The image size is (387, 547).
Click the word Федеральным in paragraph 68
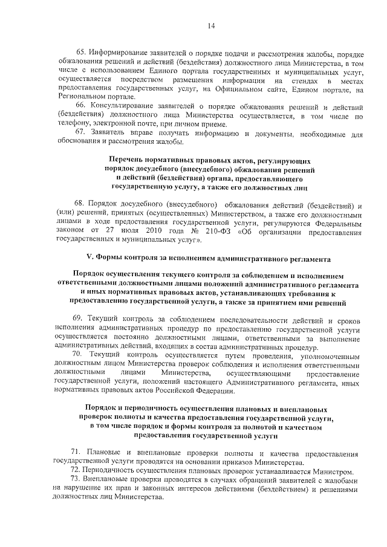336,222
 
